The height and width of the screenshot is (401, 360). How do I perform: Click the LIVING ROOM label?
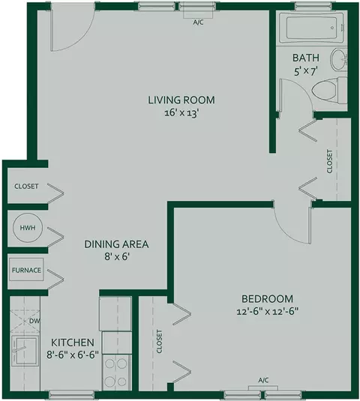coord(181,100)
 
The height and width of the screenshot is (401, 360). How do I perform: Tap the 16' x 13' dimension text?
coord(181,112)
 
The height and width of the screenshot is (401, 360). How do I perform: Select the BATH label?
coord(306,58)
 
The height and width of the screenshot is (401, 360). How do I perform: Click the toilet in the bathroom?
coord(329,90)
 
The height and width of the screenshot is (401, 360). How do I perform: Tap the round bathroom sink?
coord(339,59)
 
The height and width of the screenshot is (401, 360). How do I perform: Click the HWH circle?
coord(28,228)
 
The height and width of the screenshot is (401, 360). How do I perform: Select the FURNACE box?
coord(26,270)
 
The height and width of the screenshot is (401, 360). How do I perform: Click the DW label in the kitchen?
coord(34,321)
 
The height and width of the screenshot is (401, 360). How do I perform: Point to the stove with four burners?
coord(117,372)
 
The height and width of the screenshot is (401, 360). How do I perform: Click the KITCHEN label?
coord(73,343)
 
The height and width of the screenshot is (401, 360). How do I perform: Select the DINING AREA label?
coord(116,244)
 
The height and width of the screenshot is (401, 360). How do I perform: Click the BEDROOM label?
coord(268,299)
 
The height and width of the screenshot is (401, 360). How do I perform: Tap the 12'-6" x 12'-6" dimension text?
coord(268,312)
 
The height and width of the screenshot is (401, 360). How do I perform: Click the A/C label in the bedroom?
coord(263,380)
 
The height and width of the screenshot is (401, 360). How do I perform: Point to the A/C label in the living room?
coord(198,22)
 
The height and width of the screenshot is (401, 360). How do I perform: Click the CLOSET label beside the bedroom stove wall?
coord(159,341)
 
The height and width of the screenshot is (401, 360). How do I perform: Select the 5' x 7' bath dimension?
coord(306,71)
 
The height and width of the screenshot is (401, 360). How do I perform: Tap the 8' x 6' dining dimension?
coord(116,256)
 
